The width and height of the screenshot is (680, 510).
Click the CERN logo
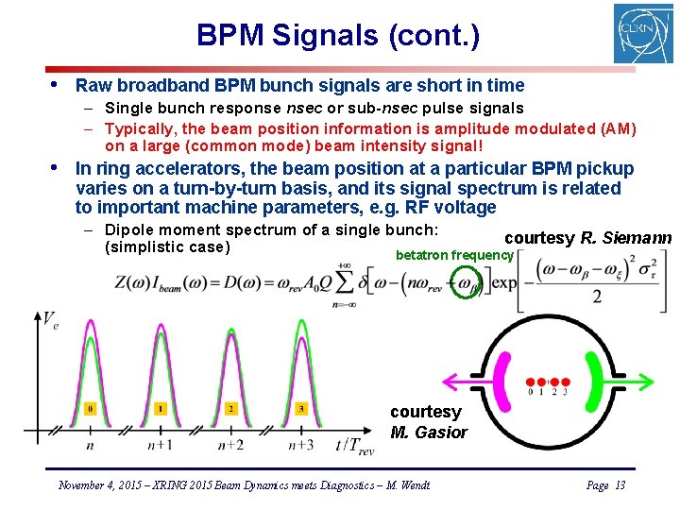point(643,33)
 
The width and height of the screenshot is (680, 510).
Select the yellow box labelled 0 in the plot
point(90,409)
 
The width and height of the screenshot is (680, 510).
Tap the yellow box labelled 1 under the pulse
point(160,409)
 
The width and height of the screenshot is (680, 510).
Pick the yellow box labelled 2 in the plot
point(230,409)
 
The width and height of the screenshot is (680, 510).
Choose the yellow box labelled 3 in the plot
point(301,409)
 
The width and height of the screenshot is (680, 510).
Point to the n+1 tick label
point(159,445)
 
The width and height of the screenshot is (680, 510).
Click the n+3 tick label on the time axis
point(300,445)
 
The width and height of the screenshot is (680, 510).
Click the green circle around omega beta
point(466,281)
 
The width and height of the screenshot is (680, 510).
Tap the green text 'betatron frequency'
point(454,255)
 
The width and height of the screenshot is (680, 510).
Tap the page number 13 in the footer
point(620,484)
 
